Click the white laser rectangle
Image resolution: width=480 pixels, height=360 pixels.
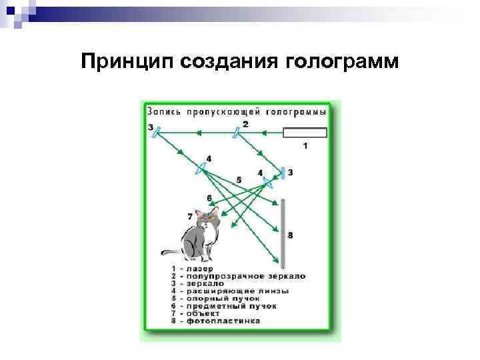tap(305, 132)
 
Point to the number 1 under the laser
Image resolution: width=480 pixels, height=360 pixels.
tap(305, 145)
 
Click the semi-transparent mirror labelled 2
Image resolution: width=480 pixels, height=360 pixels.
tap(237, 133)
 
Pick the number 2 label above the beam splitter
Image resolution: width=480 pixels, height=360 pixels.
tap(245, 123)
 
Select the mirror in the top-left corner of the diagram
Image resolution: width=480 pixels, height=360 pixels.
tap(157, 133)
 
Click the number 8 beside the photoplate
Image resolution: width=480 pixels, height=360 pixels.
tap(290, 235)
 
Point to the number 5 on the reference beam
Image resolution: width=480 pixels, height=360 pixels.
tap(238, 180)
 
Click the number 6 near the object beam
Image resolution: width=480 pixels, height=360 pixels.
tap(209, 198)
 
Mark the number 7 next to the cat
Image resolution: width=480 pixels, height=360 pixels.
tap(190, 216)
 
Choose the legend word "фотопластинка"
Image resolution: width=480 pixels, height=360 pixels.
tap(222, 321)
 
